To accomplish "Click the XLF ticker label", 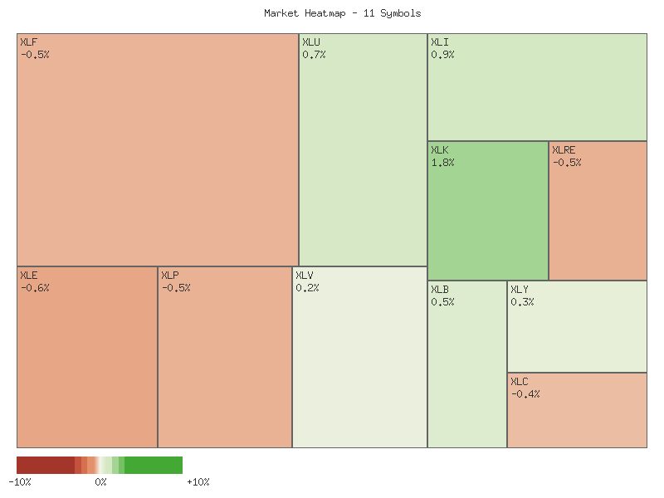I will point(28,41).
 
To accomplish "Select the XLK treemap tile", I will point(488,211).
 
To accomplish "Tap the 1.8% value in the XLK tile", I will point(442,163).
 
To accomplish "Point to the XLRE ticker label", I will point(564,150).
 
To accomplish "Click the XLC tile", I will point(577,410).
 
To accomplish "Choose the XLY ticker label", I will point(520,290).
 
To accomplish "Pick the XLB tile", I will point(467,364).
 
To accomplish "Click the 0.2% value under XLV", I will point(307,288).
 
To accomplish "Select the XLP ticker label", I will point(170,276).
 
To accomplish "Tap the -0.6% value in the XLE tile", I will point(35,288).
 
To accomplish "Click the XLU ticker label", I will point(311,41).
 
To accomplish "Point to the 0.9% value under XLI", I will point(442,55).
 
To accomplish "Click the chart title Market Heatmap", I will point(343,13).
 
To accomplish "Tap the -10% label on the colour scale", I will point(20,482).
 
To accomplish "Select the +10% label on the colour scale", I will point(198,482).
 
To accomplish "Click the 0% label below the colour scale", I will point(100,482).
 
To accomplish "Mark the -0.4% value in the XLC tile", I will point(525,394).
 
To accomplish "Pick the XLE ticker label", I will point(29,276).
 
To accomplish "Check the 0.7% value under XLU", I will point(314,55).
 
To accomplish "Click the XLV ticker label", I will point(305,276).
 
